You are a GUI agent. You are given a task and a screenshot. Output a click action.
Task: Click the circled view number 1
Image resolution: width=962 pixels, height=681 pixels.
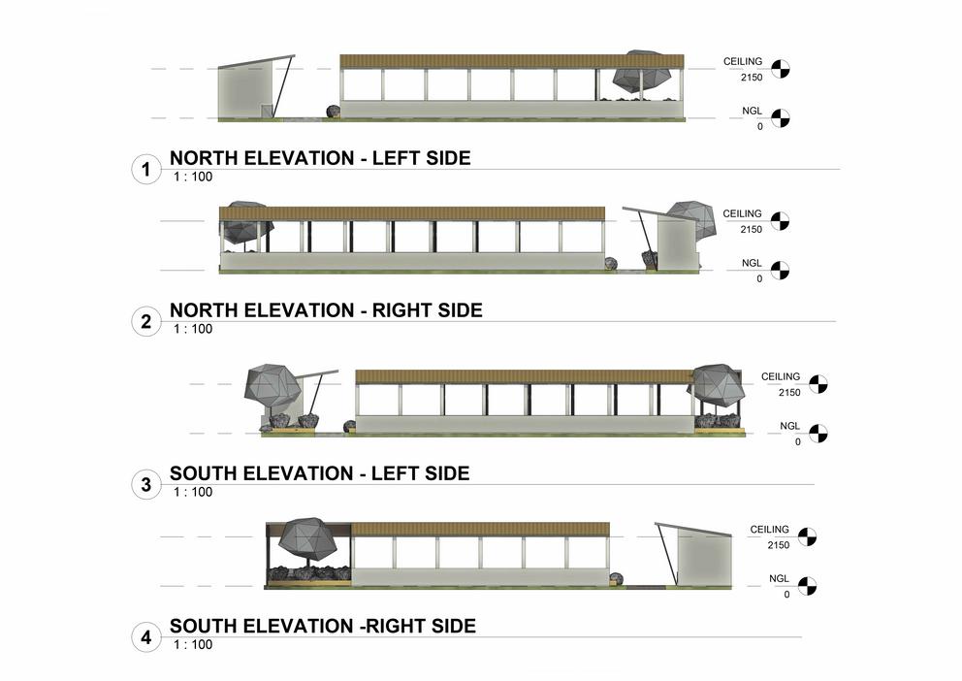(x=145, y=171)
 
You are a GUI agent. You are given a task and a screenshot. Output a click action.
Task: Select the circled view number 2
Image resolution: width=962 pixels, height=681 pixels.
(x=145, y=322)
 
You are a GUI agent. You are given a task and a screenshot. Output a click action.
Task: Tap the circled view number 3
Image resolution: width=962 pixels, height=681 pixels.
(x=145, y=484)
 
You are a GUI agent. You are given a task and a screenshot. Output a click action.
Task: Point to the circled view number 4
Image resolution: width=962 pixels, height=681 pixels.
(x=145, y=637)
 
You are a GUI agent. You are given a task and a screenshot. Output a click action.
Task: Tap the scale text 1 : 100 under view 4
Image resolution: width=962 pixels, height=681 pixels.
(x=193, y=644)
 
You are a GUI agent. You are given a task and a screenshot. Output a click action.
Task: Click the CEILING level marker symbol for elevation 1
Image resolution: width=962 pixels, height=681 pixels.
(x=781, y=69)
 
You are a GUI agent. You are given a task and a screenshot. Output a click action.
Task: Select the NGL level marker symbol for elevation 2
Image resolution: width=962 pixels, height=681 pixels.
(x=781, y=271)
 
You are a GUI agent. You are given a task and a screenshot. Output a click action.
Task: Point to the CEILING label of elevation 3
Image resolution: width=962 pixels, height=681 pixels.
(x=781, y=376)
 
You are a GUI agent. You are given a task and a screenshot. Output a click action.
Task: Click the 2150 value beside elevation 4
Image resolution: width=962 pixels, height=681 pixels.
(x=777, y=545)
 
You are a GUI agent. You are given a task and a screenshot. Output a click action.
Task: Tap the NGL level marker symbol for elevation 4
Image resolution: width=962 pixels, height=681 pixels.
(x=807, y=586)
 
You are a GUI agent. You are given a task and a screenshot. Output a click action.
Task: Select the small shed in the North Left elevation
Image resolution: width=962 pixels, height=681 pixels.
(x=245, y=91)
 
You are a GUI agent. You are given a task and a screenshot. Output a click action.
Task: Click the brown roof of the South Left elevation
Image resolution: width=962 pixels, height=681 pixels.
(x=524, y=376)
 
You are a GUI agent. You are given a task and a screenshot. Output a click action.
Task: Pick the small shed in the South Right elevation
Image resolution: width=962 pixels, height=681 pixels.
(x=703, y=560)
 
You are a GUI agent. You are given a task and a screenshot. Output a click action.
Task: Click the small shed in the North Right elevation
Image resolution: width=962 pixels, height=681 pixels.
(x=676, y=243)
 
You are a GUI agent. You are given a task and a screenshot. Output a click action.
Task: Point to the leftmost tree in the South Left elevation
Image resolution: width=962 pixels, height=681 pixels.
(x=273, y=386)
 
